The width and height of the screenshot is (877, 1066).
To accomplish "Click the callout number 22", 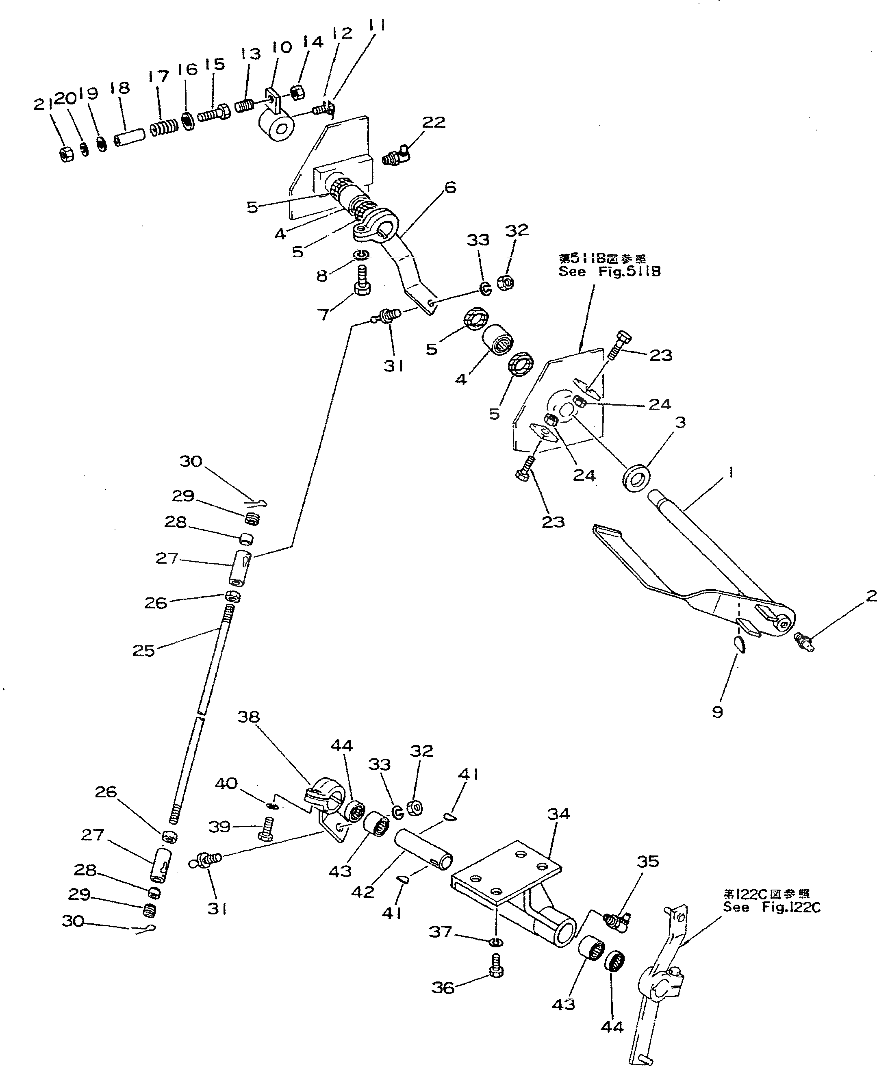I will pyautogui.click(x=434, y=122).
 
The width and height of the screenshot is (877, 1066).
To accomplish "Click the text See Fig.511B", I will pyautogui.click(x=609, y=272).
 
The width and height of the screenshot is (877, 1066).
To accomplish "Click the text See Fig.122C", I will pyautogui.click(x=771, y=908).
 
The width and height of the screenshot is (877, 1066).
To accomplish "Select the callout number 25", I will pyautogui.click(x=143, y=650).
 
